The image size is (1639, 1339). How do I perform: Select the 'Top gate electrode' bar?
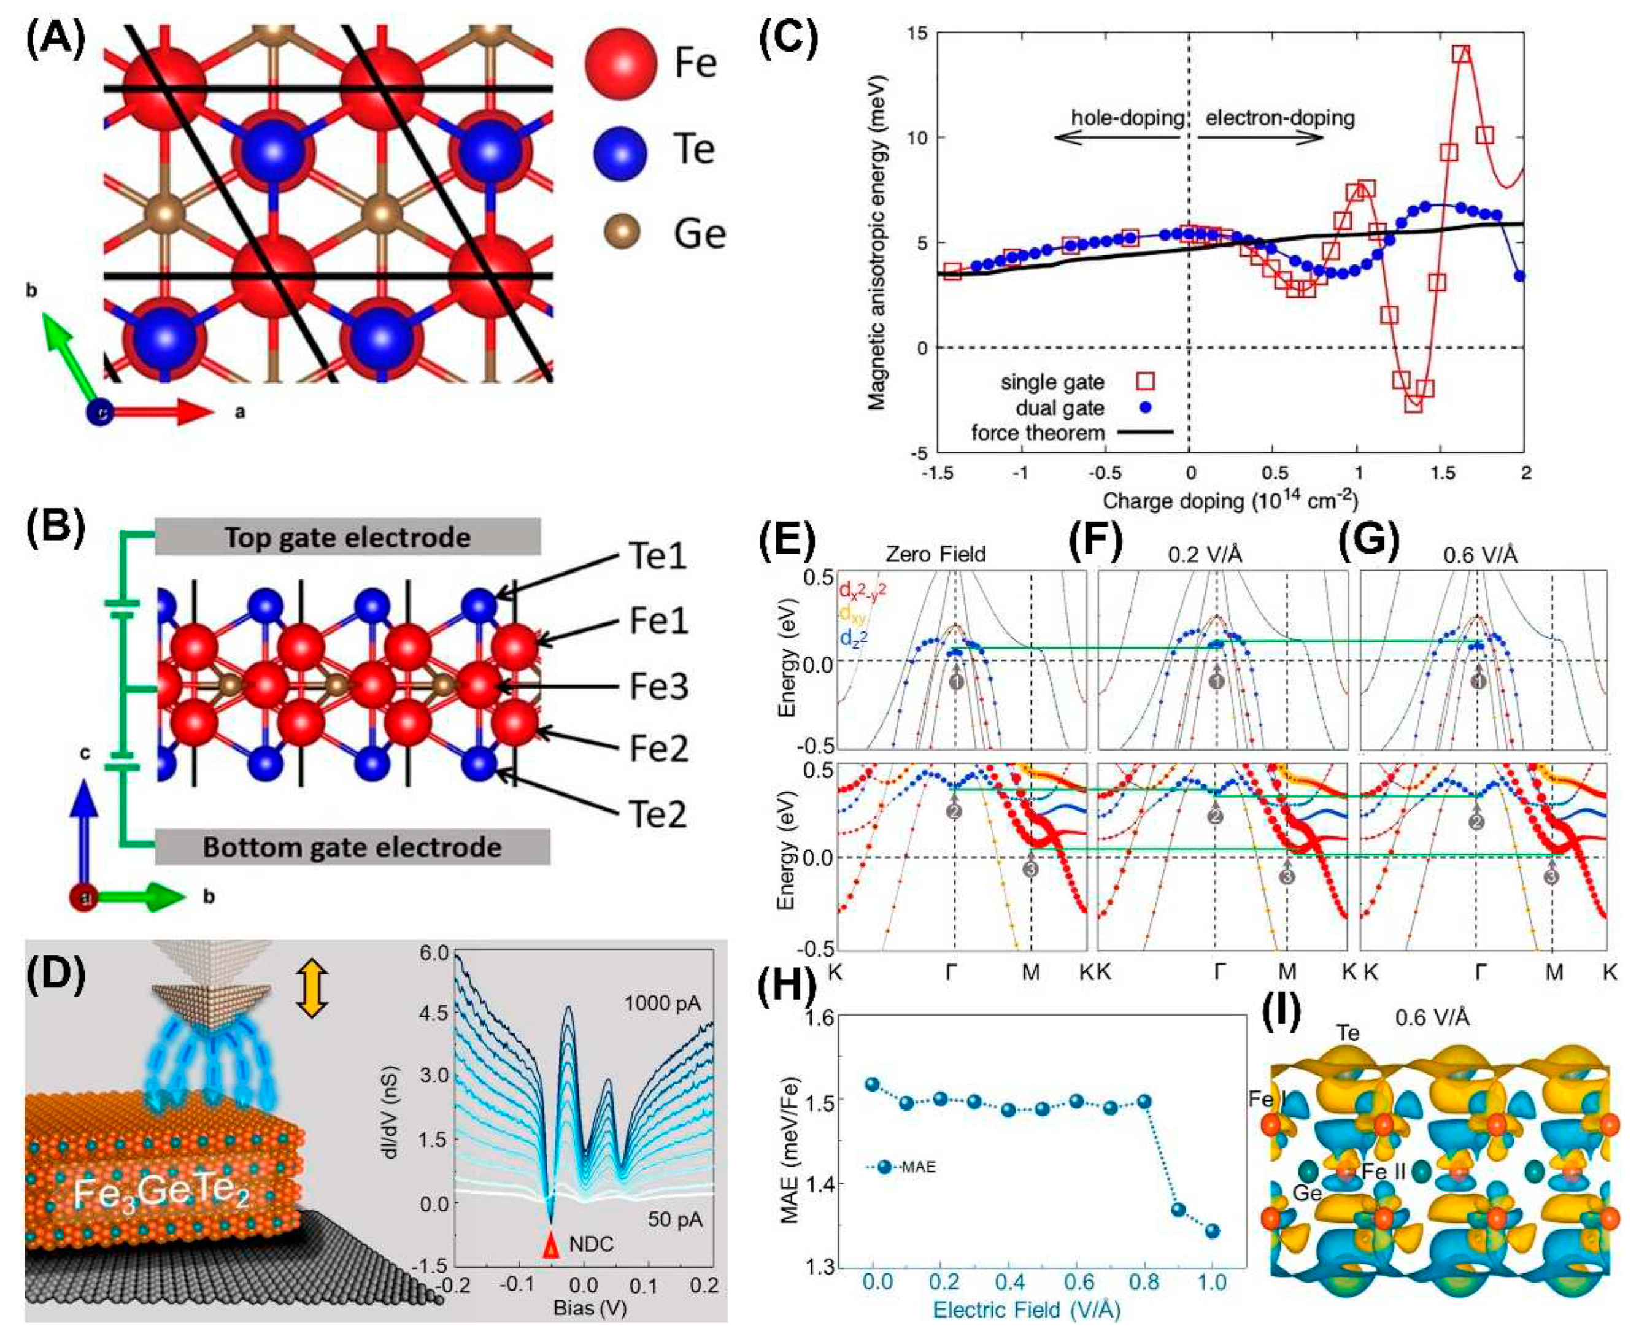pyautogui.click(x=347, y=538)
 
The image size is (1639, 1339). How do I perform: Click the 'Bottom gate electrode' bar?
pyautogui.click(x=352, y=847)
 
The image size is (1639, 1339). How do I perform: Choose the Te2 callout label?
pyautogui.click(x=658, y=814)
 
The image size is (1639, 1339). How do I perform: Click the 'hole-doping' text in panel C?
pyautogui.click(x=1127, y=118)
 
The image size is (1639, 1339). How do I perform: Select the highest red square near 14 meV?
pyautogui.click(x=1461, y=53)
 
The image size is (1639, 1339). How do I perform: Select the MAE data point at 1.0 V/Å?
pyautogui.click(x=1212, y=1231)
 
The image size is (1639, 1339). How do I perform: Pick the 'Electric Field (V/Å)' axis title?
pyautogui.click(x=1027, y=1310)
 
